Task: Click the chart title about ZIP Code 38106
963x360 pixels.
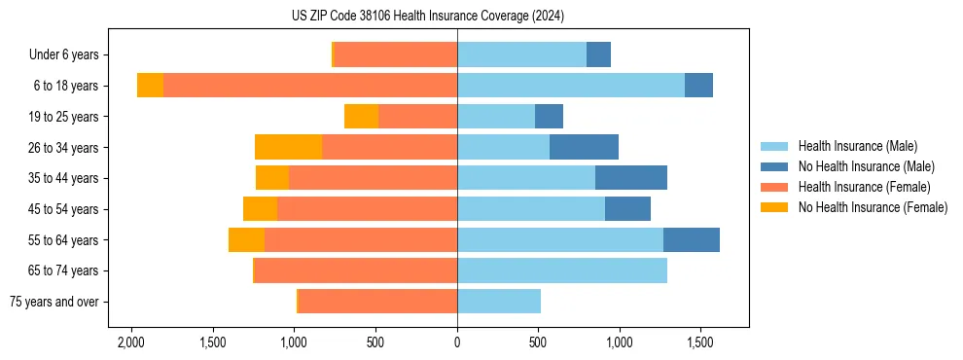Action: pos(427,16)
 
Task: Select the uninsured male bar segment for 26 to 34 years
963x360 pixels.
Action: pos(584,147)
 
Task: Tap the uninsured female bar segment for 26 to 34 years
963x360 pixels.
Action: pos(288,147)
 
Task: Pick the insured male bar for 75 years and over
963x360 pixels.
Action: pos(498,302)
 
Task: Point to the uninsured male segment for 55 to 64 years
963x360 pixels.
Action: pos(691,239)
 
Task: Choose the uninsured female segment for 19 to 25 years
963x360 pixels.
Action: pos(361,117)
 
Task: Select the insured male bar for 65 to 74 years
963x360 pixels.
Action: pos(561,270)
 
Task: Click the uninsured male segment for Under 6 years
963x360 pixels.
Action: pos(598,54)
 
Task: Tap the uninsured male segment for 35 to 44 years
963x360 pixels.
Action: pos(630,178)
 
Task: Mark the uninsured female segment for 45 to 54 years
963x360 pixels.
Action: pos(260,209)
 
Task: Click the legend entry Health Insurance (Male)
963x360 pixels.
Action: pos(857,146)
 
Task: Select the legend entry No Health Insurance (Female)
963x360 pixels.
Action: pos(872,207)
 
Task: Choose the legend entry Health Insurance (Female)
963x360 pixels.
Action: pos(864,187)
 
